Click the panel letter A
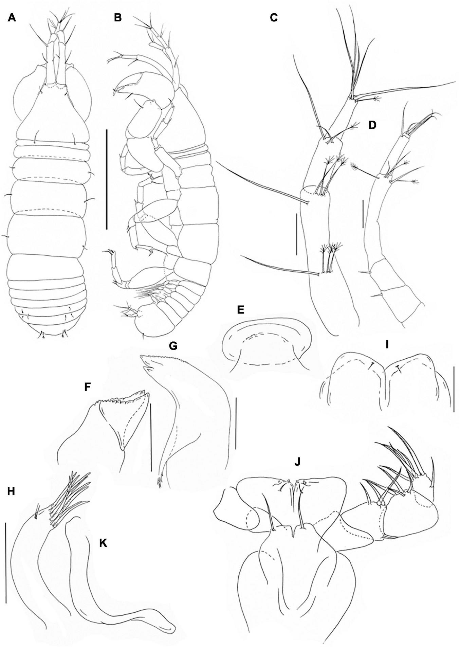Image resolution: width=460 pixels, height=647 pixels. [x=12, y=18]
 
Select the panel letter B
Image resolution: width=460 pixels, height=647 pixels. [x=118, y=18]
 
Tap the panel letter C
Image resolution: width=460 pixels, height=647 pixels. [x=274, y=18]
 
